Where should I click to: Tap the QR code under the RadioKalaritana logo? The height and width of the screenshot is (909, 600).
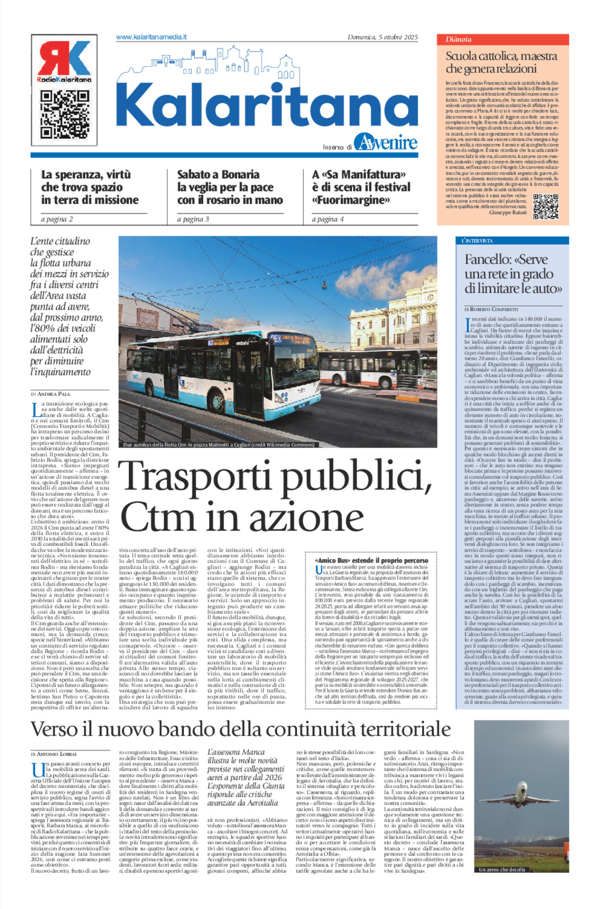64,114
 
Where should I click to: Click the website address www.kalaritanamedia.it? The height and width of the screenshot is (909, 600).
151,37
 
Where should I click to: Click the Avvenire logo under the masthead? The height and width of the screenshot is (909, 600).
385,142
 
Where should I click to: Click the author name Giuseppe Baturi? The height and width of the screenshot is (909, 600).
508,212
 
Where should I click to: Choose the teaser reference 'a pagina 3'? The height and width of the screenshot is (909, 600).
192,219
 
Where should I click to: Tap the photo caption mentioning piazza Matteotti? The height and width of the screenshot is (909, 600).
219,445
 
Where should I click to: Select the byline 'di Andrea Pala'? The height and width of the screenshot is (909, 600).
51,394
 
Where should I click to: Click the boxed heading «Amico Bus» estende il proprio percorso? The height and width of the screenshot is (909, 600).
371,560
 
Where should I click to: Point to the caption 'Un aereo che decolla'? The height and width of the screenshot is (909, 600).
502,869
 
